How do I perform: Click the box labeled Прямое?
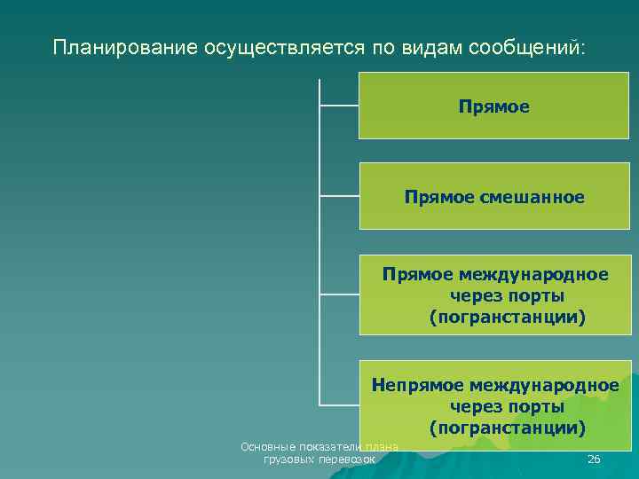point(494,106)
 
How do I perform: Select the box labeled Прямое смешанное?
point(494,196)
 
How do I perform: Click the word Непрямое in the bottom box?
point(415,385)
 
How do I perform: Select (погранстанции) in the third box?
point(508,317)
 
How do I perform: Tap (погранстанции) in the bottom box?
point(508,428)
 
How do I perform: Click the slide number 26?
point(594,459)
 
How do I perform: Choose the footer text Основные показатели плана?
point(319,447)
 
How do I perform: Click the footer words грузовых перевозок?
point(319,460)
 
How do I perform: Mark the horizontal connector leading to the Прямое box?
point(338,105)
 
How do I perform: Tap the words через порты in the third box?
point(508,295)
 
